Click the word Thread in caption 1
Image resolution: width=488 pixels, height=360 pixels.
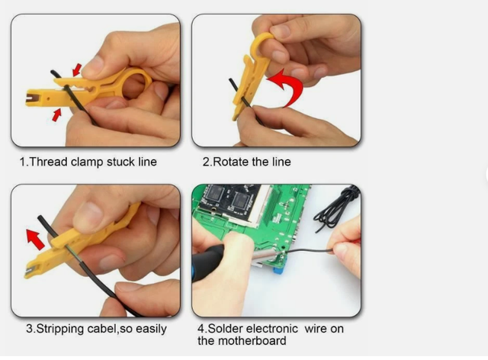coord(49,162)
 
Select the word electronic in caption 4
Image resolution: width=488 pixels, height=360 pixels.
coord(273,329)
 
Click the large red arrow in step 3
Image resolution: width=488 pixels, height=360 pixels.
coord(36,239)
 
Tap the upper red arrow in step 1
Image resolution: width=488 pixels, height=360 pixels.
coord(77,69)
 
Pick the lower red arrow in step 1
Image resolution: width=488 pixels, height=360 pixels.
coord(56,114)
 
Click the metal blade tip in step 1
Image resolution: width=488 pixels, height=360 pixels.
coord(30,98)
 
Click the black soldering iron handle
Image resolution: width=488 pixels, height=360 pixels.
coord(207,263)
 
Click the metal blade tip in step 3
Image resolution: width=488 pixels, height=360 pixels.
coord(30,272)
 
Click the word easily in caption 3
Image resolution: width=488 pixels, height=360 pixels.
coord(151,329)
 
